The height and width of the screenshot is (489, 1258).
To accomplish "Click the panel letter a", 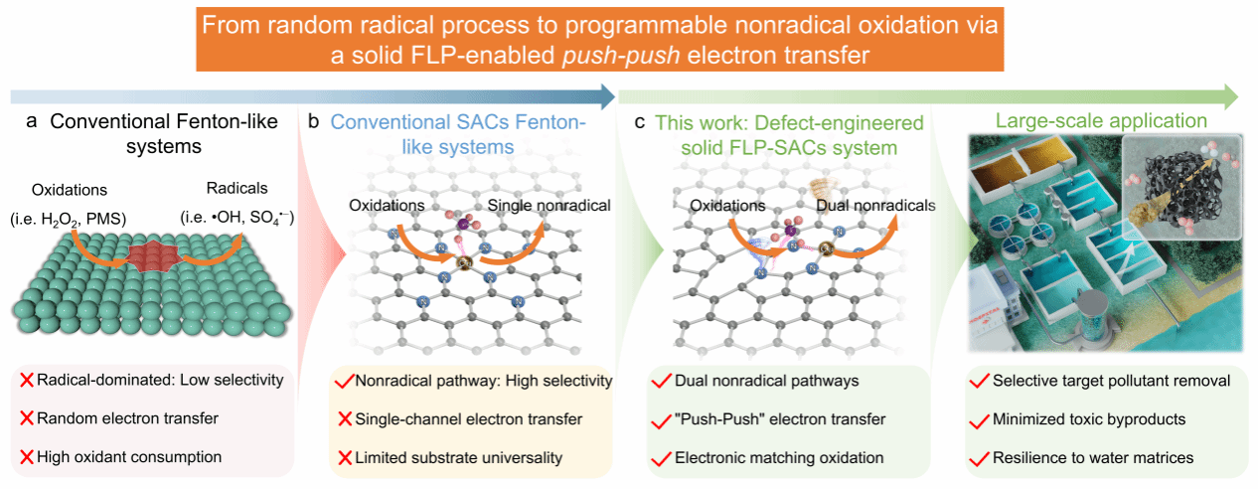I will tap(31, 123).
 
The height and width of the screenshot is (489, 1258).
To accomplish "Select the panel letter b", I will tap(314, 123).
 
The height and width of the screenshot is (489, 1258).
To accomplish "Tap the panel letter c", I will tap(640, 123).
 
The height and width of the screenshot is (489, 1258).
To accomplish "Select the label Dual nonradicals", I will tap(875, 206).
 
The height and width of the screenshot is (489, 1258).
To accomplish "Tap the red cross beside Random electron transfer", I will tap(27, 419).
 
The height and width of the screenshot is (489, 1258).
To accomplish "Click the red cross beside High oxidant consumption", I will tap(27, 457).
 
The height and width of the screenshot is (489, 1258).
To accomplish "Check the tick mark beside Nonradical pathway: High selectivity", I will tap(343, 381).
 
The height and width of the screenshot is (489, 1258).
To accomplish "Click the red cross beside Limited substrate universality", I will tap(343, 457).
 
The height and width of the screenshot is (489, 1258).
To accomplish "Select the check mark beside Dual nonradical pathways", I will tap(659, 381).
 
